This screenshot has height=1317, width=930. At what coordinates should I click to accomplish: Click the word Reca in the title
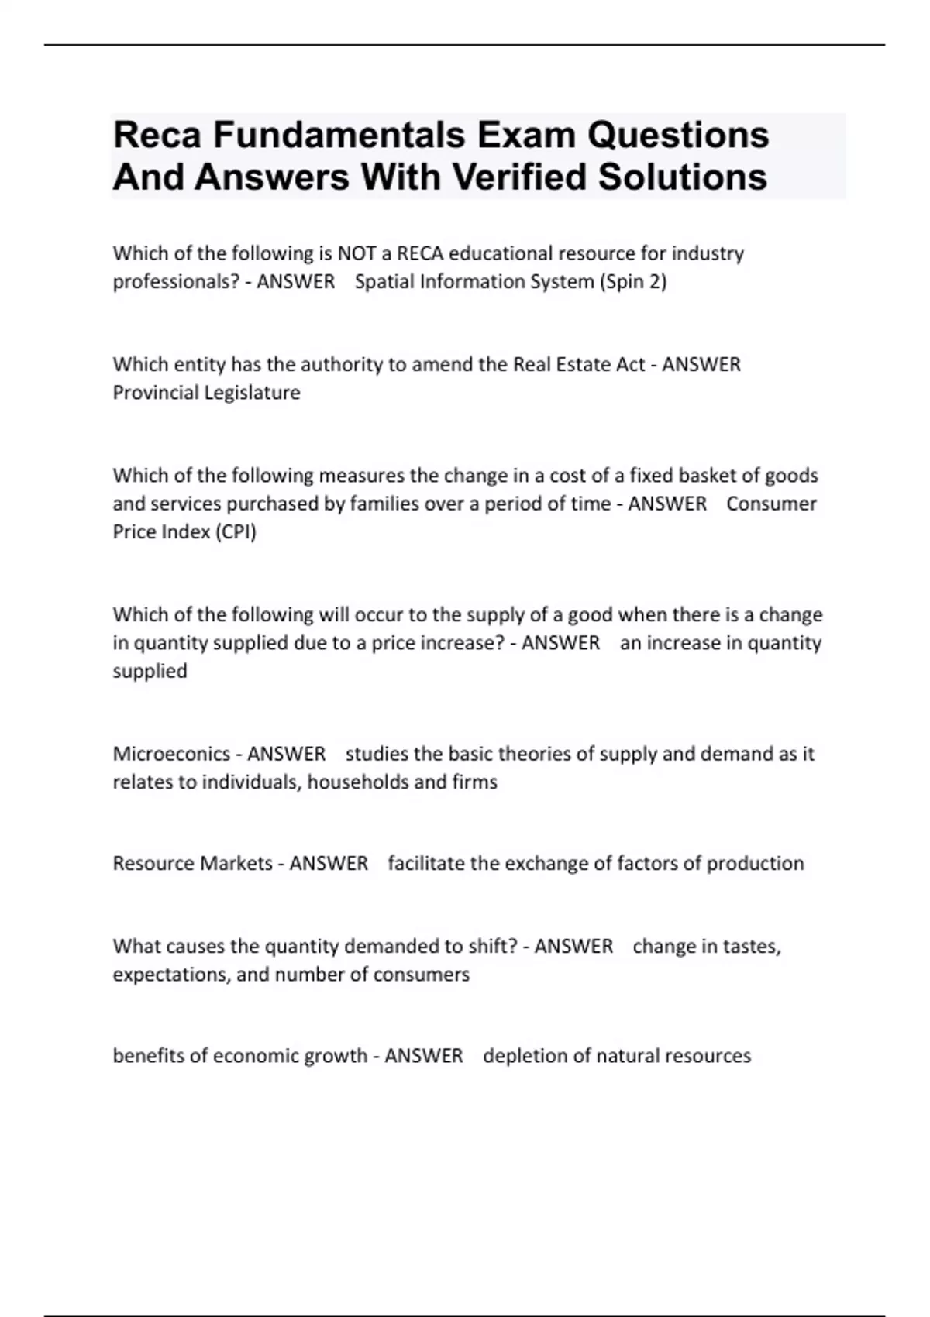tap(157, 136)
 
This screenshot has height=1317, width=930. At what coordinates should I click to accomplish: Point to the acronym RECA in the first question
tap(420, 253)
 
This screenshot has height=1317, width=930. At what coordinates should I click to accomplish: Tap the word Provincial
tap(154, 393)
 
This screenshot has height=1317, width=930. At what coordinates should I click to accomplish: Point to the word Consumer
tap(771, 504)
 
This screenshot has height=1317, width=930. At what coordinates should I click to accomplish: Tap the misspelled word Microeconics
tap(170, 754)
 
